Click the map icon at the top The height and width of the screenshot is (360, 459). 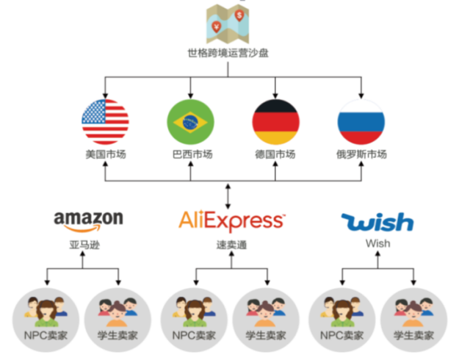[229, 24]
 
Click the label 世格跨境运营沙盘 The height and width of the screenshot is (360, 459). [229, 54]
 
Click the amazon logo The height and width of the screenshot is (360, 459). [88, 219]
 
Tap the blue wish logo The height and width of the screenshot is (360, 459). [377, 220]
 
